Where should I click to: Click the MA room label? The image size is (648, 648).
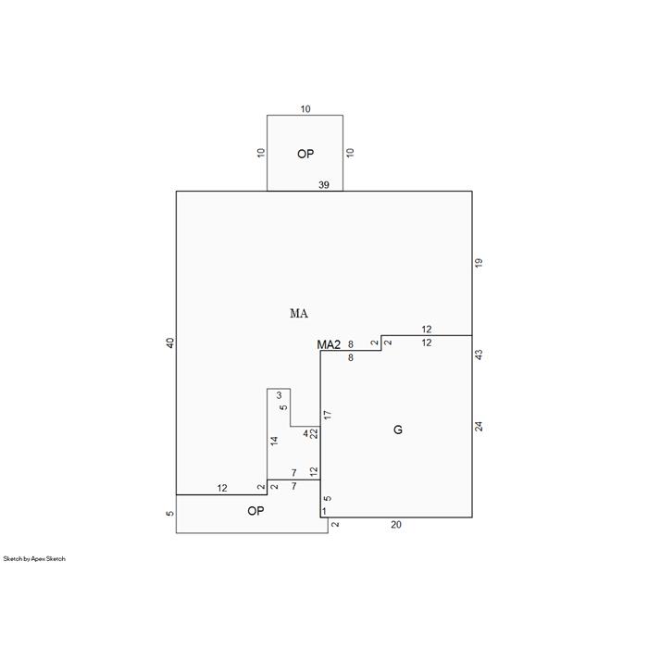pyautogui.click(x=299, y=314)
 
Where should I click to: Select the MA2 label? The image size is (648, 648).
pyautogui.click(x=329, y=344)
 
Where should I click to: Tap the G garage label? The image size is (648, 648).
pyautogui.click(x=397, y=430)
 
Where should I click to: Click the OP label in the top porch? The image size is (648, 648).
pyautogui.click(x=305, y=155)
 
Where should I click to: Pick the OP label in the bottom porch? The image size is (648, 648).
pyautogui.click(x=255, y=511)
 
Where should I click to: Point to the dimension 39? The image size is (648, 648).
pyautogui.click(x=324, y=185)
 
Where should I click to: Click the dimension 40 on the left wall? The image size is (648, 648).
pyautogui.click(x=170, y=343)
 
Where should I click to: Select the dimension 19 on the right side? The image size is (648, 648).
pyautogui.click(x=479, y=263)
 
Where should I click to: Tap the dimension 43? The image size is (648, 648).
pyautogui.click(x=479, y=355)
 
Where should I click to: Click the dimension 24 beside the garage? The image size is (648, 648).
pyautogui.click(x=479, y=427)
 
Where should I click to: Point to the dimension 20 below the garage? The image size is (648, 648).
pyautogui.click(x=396, y=525)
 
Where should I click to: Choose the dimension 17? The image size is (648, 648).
pyautogui.click(x=328, y=415)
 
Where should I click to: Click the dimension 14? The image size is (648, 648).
pyautogui.click(x=274, y=441)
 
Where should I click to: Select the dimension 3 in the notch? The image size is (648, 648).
pyautogui.click(x=279, y=395)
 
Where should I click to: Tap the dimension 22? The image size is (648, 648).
pyautogui.click(x=314, y=433)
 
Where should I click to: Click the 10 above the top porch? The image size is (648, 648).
pyautogui.click(x=305, y=109)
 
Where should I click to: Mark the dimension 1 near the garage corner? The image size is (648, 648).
pyautogui.click(x=324, y=512)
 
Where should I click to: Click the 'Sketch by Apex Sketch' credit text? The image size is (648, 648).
pyautogui.click(x=34, y=559)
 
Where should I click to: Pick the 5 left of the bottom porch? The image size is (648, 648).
pyautogui.click(x=170, y=514)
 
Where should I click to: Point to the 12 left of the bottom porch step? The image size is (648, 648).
pyautogui.click(x=222, y=489)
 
